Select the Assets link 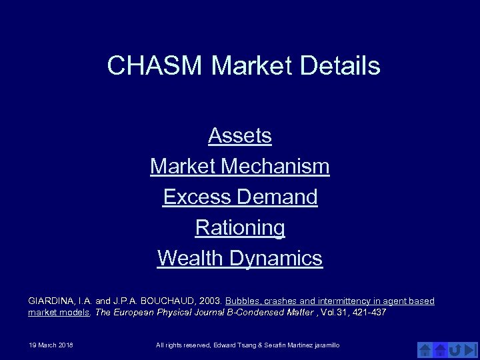tap(240, 135)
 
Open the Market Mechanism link tap(240, 166)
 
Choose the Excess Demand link tap(240, 197)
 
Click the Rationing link tap(240, 227)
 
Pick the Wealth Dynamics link tap(240, 258)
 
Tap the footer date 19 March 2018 tap(51, 345)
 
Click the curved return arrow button tap(455, 349)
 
